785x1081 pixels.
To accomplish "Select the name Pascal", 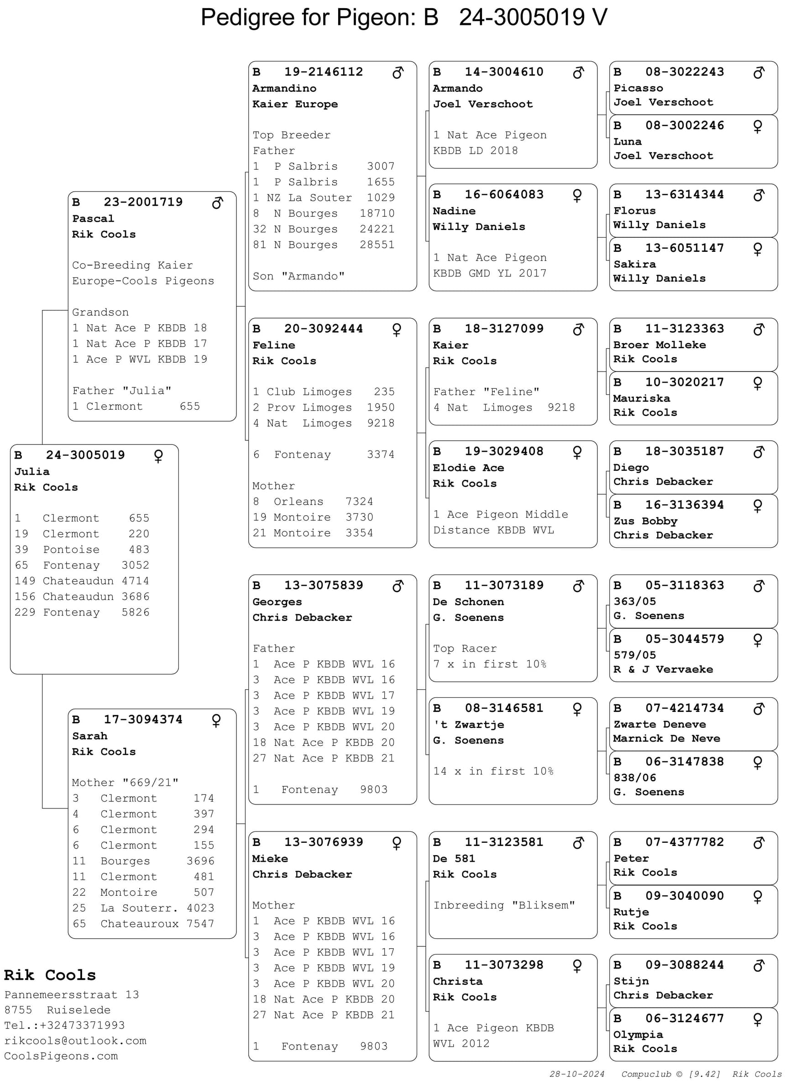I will coord(93,218).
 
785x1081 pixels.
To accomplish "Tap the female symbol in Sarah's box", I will coord(216,720).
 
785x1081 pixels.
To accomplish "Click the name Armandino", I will coord(284,88).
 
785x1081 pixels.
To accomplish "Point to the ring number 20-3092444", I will coord(324,329).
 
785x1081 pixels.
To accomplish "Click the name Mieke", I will coord(270,858).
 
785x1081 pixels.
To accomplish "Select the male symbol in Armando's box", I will coord(578,73).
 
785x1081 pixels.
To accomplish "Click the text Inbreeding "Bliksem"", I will coord(504,905).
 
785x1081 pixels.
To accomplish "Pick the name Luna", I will coord(627,141).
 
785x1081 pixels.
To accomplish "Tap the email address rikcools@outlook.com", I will coord(75,1040).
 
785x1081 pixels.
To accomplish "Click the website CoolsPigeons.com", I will coord(61,1056).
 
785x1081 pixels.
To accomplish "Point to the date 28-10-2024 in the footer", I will coord(577,1074).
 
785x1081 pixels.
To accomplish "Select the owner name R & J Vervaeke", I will coord(663,669).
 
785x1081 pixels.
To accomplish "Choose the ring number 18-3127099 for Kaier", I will coord(504,329).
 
